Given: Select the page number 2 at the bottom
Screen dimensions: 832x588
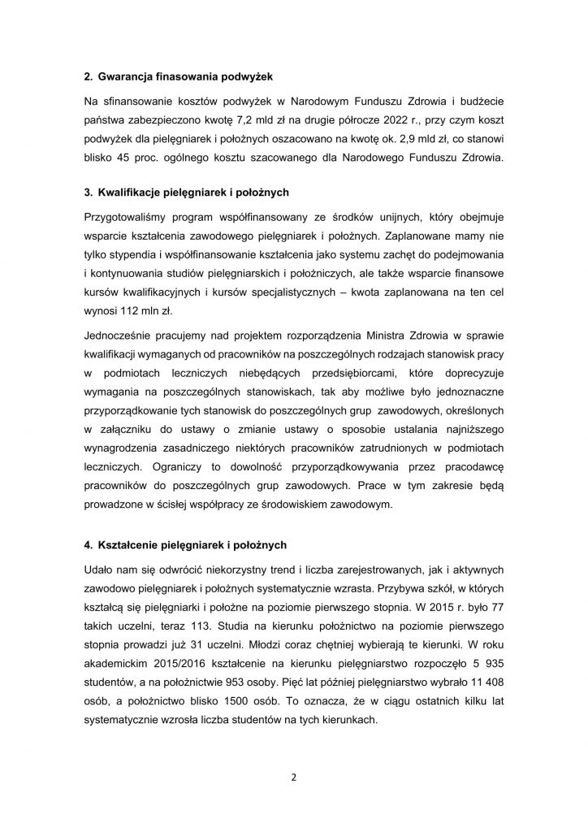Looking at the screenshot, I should [294, 776].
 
